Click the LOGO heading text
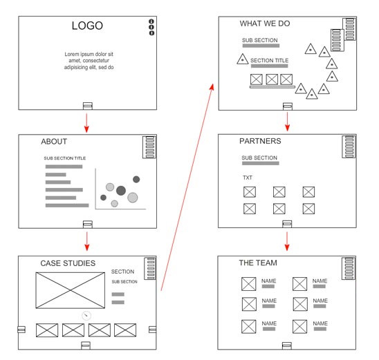(87, 26)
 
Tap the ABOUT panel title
(54, 142)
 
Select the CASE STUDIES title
(68, 263)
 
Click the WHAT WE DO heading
(265, 23)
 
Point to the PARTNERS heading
(260, 141)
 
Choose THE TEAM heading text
(258, 263)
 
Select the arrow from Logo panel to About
(86, 123)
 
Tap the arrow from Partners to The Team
(287, 241)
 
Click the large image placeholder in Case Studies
(71, 290)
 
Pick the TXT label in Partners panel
(248, 178)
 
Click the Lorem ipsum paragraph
(89, 61)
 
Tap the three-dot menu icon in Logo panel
(151, 27)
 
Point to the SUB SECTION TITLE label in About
(65, 158)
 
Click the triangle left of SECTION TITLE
(243, 59)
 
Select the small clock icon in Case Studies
(86, 315)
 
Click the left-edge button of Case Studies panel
(21, 330)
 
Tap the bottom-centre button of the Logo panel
(88, 106)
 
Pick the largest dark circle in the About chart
(121, 191)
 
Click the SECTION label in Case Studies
(122, 272)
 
